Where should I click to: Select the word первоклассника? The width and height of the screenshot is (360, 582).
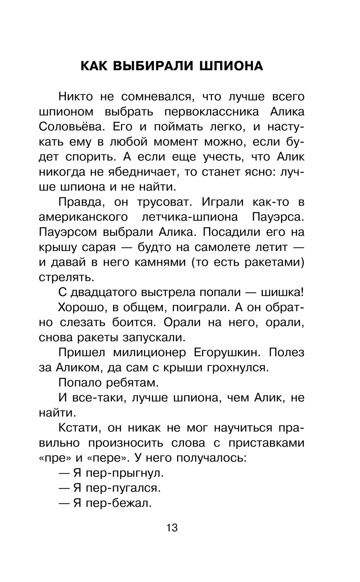(x=211, y=112)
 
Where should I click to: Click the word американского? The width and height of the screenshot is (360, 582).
(x=83, y=217)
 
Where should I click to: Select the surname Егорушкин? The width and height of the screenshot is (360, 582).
(x=227, y=352)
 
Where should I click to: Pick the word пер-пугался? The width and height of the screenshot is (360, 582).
(x=123, y=488)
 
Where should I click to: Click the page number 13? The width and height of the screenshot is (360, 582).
(x=172, y=528)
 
